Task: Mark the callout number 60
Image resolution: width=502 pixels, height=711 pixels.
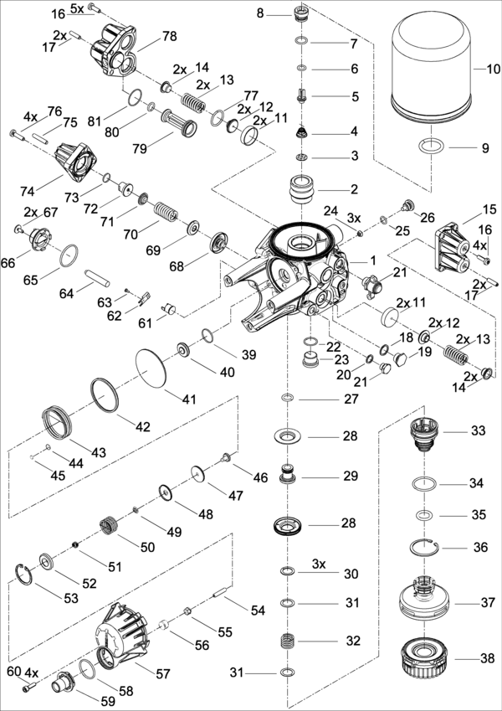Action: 13,672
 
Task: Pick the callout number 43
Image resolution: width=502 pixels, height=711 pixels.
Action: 99,452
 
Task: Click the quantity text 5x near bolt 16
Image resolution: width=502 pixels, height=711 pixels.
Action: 77,8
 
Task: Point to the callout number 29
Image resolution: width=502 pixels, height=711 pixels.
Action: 350,476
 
